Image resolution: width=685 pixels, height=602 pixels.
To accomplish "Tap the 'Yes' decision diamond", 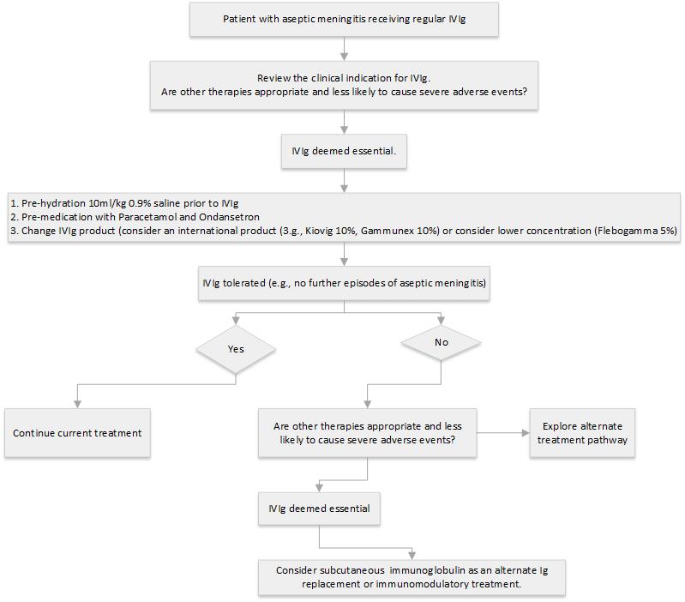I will point(236,349).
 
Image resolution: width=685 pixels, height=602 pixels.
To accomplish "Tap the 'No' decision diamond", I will point(440,341).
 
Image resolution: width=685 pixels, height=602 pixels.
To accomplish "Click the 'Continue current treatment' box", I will point(77,432).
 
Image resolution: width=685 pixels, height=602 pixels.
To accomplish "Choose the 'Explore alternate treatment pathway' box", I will point(583,432).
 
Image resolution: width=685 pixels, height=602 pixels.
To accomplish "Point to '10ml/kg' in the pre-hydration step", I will point(97,203).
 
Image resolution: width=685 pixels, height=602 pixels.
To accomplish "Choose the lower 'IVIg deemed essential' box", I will point(319,508).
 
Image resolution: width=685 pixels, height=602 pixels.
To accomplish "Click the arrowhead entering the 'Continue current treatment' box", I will point(77,403).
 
